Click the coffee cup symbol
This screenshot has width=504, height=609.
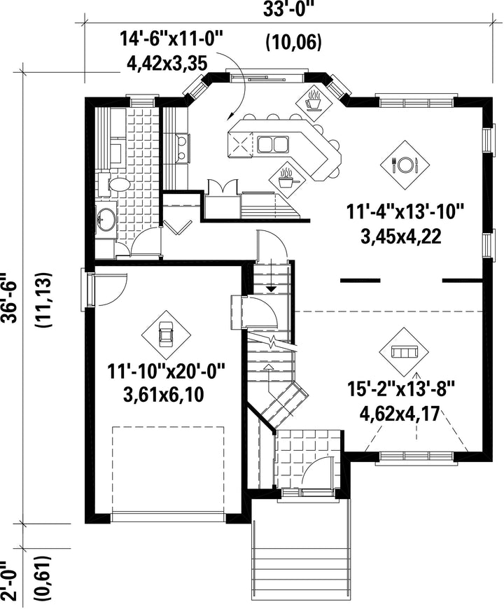tap(314, 101)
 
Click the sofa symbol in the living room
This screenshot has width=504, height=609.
tap(404, 352)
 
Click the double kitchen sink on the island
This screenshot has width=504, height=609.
tap(272, 144)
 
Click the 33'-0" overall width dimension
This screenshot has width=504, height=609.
tap(288, 8)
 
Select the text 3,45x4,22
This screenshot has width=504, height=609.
tap(401, 237)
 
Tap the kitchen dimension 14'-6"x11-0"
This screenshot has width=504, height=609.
tap(171, 40)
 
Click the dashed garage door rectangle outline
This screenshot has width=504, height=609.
tap(168, 427)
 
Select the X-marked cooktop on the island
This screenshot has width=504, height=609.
tap(241, 146)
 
